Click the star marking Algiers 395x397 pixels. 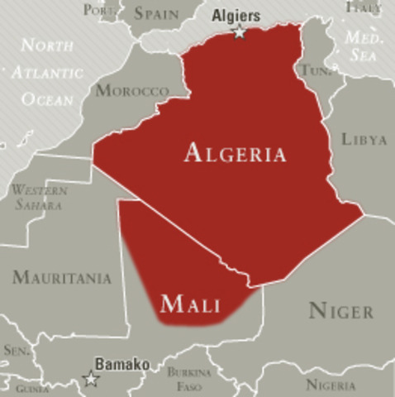[240, 32]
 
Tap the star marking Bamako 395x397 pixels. [90, 379]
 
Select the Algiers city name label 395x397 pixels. [236, 16]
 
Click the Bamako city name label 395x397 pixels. [122, 364]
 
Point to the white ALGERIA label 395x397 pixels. [236, 153]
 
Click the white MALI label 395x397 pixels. [190, 304]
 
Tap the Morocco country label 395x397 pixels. [131, 90]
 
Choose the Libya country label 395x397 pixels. [364, 139]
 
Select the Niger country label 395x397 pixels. [340, 312]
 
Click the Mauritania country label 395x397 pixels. [62, 278]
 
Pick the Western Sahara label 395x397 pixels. [40, 197]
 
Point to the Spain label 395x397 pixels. [156, 13]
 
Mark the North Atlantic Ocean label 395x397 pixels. [47, 72]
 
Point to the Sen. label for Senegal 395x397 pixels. [17, 351]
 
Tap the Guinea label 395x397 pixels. [33, 388]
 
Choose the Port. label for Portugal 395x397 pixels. [99, 11]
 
